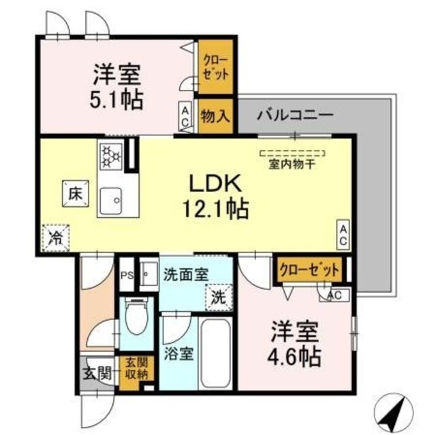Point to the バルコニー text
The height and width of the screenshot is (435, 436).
tap(294, 114)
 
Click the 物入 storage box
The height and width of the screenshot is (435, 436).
tap(215, 117)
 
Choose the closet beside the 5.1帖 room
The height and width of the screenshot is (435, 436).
tap(215, 67)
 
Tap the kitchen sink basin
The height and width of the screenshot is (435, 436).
tap(112, 199)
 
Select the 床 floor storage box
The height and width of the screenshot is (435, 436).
tap(74, 191)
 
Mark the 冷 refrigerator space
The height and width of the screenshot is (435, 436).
tap(54, 238)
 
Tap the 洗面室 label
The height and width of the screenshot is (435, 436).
tap(186, 274)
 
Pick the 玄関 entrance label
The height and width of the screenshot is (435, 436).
tap(96, 373)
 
